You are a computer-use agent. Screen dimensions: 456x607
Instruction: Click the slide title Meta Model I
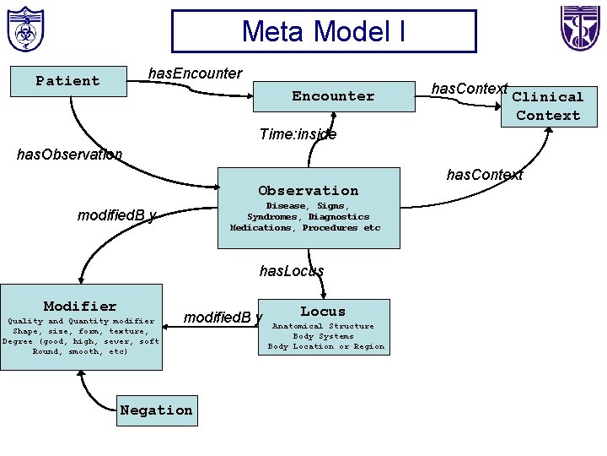coord(324,31)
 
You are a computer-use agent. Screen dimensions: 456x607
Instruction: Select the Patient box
coord(67,81)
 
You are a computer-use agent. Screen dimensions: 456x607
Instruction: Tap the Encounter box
coord(333,96)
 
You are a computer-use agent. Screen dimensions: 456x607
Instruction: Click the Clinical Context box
coord(549,106)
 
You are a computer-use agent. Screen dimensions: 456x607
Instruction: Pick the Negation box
coord(156,410)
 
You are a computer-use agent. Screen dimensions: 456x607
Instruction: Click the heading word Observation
coord(309,191)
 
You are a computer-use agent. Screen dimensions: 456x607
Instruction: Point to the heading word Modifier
coord(80,307)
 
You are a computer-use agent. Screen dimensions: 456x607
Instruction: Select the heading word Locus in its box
coord(323,312)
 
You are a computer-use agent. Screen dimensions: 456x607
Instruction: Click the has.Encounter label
coord(195,73)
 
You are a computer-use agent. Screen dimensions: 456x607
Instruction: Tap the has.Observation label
coord(70,155)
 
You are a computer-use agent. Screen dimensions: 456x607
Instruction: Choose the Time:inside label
coord(298,134)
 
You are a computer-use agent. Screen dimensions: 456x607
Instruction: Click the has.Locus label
coord(292,271)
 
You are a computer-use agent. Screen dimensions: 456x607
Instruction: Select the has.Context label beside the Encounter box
coord(469,89)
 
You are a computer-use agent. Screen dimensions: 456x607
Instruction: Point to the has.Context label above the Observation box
coord(485,175)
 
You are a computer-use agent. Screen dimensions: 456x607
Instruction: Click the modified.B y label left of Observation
coord(116,215)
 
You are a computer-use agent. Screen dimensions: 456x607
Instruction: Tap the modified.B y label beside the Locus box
coord(223,318)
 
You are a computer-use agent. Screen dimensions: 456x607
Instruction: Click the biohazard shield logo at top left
coord(25,30)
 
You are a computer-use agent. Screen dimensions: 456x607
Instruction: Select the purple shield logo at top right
coord(581,28)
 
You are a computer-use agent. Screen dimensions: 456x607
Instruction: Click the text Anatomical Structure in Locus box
coord(323,326)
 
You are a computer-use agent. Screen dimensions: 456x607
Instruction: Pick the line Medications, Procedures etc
coord(305,228)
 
